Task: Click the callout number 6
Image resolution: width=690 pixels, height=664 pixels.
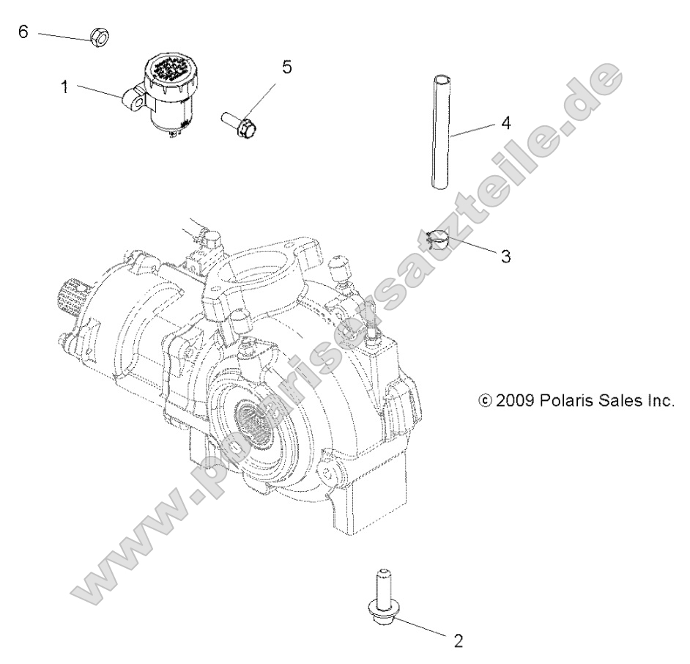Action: [x=23, y=34]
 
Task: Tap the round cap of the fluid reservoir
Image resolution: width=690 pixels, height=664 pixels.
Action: [x=171, y=72]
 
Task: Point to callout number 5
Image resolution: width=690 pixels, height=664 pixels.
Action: [x=286, y=67]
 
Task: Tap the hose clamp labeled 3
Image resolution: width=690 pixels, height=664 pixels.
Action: [x=440, y=239]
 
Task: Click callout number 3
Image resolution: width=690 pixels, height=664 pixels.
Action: [x=505, y=257]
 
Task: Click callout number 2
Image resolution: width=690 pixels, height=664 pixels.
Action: [x=459, y=641]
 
